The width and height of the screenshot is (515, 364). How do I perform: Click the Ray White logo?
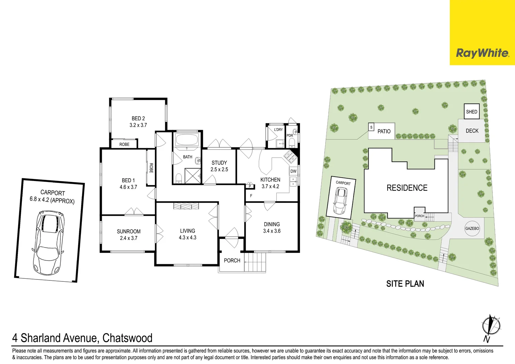(482, 53)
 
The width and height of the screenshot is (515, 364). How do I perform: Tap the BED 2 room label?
(138, 119)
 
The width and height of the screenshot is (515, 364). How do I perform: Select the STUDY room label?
(219, 163)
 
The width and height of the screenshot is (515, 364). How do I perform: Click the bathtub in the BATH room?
(187, 140)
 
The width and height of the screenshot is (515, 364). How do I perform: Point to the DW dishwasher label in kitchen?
(294, 171)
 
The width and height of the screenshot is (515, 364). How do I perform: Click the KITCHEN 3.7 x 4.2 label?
(270, 183)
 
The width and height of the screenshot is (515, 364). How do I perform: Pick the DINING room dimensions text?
(272, 231)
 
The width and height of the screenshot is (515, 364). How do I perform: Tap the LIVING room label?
(187, 231)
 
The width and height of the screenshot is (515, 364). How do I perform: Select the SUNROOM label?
(128, 232)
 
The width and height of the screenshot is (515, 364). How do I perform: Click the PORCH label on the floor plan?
(232, 261)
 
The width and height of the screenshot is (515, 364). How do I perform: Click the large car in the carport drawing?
(49, 242)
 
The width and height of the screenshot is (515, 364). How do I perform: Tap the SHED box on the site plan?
(472, 112)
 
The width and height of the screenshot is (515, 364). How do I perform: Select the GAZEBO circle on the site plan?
(472, 229)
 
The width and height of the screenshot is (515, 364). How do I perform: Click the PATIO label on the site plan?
(384, 131)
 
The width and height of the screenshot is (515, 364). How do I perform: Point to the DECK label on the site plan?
(472, 131)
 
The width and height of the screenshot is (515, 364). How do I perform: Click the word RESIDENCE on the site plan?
(407, 188)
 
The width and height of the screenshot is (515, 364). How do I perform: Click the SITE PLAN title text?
(405, 284)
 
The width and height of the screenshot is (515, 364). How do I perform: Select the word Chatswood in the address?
(127, 338)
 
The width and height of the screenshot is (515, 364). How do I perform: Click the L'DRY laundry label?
(278, 130)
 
